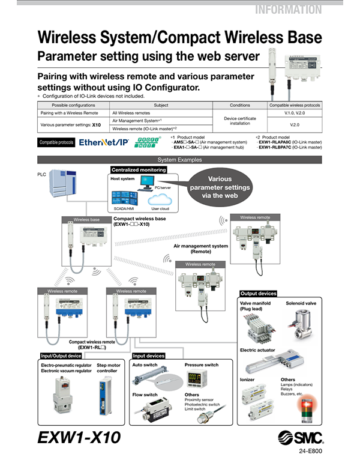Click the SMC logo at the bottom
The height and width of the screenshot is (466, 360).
pos(299,438)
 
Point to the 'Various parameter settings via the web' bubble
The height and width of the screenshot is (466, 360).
pos(219,187)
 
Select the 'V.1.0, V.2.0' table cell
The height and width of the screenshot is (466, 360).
pos(295,112)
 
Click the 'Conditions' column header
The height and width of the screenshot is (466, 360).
pos(240,104)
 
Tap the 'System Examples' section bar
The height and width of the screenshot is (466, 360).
pos(179,160)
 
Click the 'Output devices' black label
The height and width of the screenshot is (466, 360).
pos(258,294)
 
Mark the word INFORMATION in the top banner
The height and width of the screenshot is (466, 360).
pos(288,10)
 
